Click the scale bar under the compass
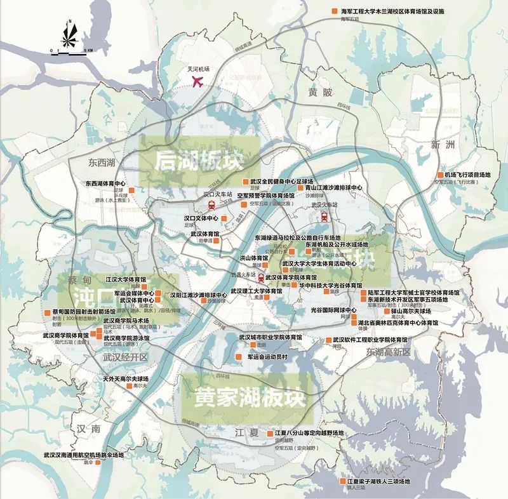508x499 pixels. (72, 51)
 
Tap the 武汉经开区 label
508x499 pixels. (124, 357)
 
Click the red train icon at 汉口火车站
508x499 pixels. (210, 204)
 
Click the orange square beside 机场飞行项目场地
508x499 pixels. (440, 175)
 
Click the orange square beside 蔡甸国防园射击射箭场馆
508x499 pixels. (48, 312)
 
